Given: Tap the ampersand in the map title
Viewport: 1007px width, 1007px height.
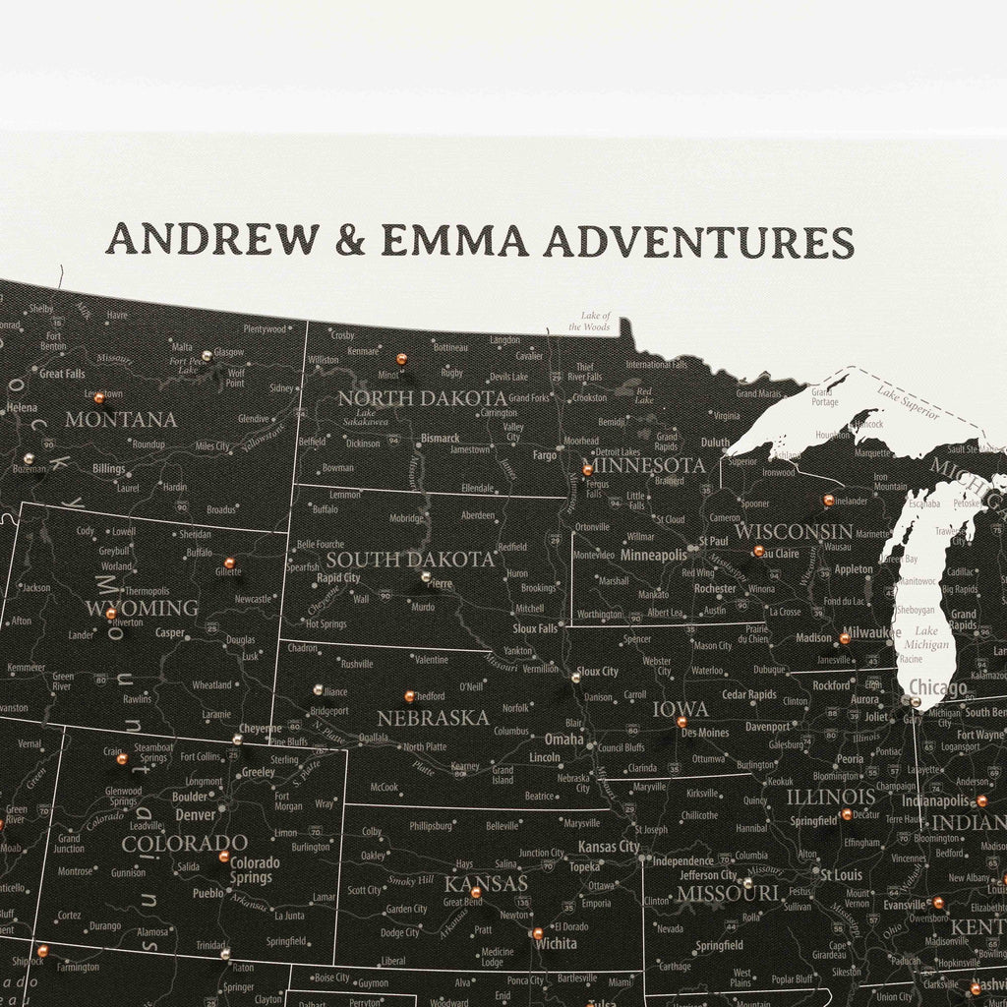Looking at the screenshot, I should point(349,240).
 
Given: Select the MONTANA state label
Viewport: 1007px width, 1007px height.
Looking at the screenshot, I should point(121,420).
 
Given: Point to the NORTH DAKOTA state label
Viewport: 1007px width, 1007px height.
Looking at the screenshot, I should point(423,398).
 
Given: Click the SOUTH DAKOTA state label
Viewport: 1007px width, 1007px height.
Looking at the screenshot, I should point(410,560).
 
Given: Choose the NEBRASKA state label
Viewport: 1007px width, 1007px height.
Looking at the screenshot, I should point(433,718).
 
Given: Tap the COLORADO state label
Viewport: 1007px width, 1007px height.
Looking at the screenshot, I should point(184,843).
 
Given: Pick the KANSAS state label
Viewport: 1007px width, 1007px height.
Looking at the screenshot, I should point(487,883).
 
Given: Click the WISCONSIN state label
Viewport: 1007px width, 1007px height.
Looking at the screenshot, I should point(794,531).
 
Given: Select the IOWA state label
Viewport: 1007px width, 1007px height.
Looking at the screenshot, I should point(681,709).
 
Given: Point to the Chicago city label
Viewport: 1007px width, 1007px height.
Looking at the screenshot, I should point(937,687).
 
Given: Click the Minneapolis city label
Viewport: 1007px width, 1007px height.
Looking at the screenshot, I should point(654,556).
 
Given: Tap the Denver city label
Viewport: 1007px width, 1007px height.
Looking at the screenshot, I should point(195,815).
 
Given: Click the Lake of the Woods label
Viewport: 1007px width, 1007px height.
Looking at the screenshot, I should point(595,322).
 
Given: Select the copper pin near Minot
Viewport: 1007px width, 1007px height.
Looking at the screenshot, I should point(401,359).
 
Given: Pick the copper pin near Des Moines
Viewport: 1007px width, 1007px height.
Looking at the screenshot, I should point(681,722).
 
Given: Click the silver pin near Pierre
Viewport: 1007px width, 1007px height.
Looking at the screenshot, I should point(426,577).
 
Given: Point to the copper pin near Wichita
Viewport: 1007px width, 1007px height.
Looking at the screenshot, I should point(537,933).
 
